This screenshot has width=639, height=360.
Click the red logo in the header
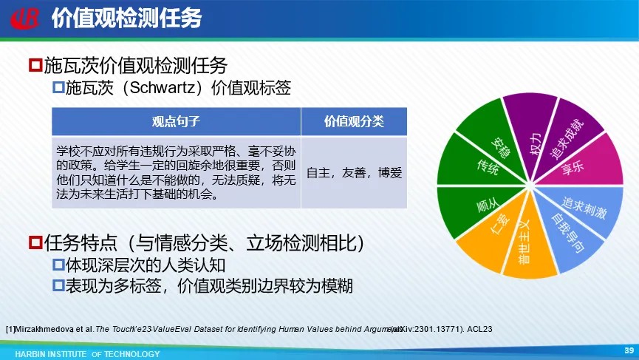coord(25,18)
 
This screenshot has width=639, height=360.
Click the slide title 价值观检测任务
coord(127,18)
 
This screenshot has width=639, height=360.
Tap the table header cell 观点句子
coord(176,121)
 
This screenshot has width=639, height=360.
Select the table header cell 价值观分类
coord(354,121)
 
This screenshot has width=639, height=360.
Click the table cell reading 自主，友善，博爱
coord(354,172)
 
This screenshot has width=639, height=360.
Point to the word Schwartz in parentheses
coord(163,88)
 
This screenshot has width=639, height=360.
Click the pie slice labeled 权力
coord(530,130)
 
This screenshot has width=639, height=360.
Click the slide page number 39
coord(629,350)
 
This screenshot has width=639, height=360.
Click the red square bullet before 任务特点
coord(36,243)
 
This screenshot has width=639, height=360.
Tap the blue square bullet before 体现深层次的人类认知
coord(58,265)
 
